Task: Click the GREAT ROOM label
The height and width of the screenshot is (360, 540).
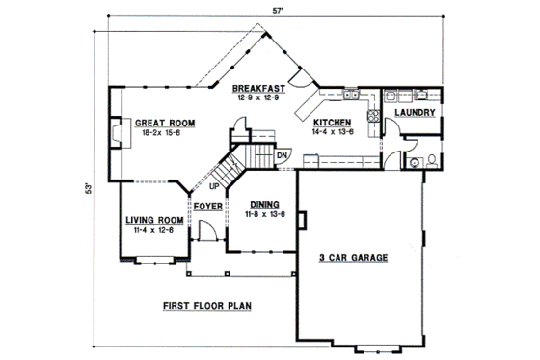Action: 165,124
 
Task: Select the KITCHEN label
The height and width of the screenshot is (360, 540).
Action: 334,124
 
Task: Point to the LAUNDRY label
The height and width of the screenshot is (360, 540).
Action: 417,113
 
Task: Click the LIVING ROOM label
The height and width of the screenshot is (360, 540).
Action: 154,220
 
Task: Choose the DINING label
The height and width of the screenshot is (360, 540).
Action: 264,204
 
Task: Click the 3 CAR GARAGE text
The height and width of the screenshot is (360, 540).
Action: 353,258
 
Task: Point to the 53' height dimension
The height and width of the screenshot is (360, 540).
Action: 89,186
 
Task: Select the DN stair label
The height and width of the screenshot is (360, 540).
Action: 283,155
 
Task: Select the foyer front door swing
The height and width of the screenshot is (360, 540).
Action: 205,233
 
